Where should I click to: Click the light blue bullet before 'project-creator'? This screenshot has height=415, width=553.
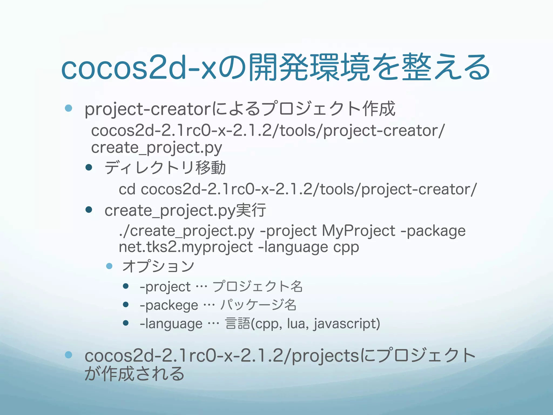[x=69, y=108]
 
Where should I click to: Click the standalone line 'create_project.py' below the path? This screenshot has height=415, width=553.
[x=156, y=148]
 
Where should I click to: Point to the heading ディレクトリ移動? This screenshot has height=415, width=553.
[x=165, y=168]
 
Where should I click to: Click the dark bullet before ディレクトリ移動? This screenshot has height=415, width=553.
[x=89, y=168]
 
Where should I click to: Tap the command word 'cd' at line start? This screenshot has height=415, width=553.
[x=127, y=189]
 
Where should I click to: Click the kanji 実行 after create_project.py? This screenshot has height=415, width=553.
[x=251, y=210]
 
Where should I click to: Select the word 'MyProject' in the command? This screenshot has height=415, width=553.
[x=359, y=231]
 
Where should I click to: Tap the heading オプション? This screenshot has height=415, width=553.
[x=158, y=266]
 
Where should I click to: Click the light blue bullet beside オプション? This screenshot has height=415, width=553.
[x=109, y=266]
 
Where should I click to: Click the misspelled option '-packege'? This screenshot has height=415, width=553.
[x=169, y=305]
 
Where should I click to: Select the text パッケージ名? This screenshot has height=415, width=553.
[x=258, y=305]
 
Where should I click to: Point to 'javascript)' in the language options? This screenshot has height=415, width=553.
[x=347, y=324]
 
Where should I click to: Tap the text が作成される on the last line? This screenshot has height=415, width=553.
[x=134, y=374]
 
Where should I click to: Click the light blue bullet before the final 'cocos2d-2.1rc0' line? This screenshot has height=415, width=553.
[x=69, y=355]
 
